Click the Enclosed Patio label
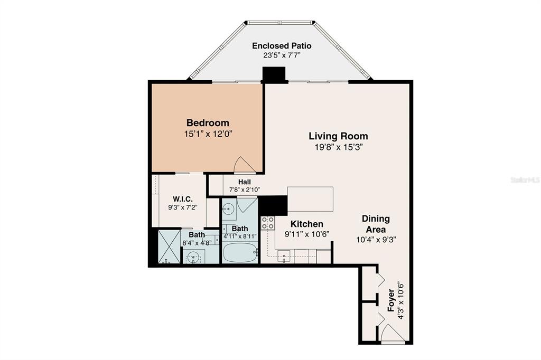pos(282,46)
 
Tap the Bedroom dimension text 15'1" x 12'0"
pos(208,134)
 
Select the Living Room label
pos(338,136)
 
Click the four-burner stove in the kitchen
pos(267,223)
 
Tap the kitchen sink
pos(284,257)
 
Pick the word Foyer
pos(391,300)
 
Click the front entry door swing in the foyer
pos(392,333)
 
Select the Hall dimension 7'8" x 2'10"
pos(244,190)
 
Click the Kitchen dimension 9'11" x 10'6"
pos(306,234)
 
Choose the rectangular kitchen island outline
pos(310,198)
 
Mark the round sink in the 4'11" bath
pos(228,209)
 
